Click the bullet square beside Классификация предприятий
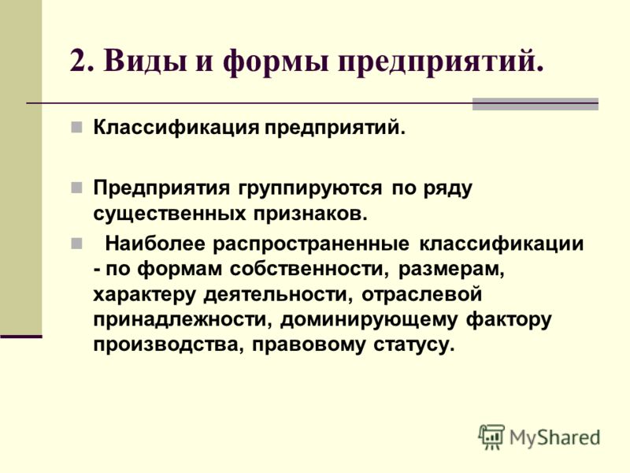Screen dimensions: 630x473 point(76,128)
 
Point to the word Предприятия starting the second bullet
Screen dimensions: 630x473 point(162,188)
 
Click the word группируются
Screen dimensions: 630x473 point(310,188)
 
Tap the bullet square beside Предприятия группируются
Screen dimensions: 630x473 point(76,188)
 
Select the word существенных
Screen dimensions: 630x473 point(169,214)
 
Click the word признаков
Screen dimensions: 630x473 point(310,214)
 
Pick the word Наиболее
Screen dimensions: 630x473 point(155,244)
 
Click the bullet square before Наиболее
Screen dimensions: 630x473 point(76,244)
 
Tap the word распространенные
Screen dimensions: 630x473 point(311,244)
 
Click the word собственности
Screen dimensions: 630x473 point(309,269)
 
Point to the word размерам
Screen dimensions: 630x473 point(451,270)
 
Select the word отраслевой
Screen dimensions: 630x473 point(421,295)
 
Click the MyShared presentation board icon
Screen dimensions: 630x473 point(491,437)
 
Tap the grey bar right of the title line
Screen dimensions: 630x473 point(535,104)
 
